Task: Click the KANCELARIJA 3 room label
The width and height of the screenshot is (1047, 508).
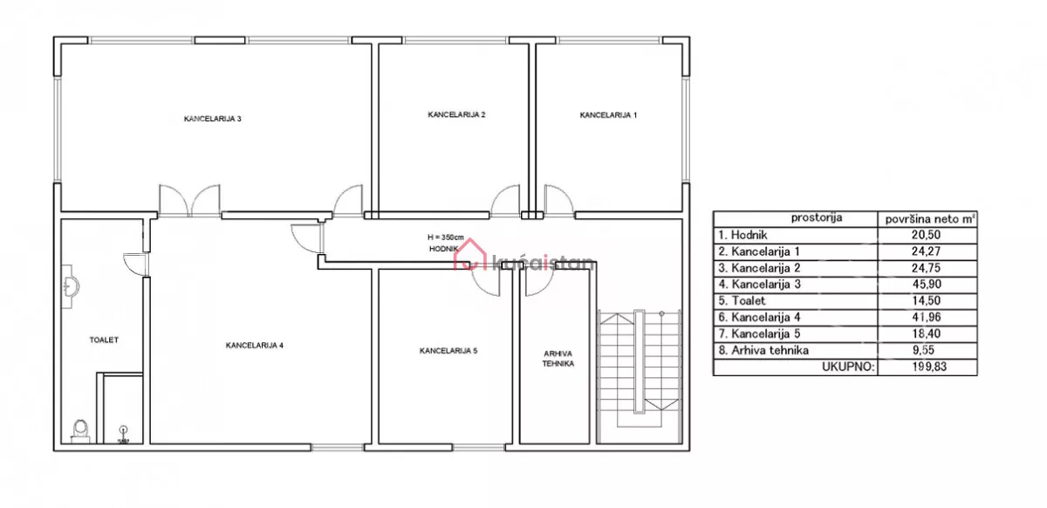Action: tap(213, 119)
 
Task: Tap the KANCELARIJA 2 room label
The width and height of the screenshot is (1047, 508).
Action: tap(456, 114)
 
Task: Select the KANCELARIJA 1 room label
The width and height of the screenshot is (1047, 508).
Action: tap(608, 115)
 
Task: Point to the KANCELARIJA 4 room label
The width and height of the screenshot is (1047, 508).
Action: tap(255, 346)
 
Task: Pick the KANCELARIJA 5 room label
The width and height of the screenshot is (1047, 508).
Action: tap(448, 351)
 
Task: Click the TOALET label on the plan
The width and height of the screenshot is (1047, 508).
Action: tap(104, 340)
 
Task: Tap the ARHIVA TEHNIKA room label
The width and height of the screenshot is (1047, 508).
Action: tap(558, 359)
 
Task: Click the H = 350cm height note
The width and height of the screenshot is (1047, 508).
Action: tap(446, 237)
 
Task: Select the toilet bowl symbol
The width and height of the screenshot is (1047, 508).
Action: tap(80, 431)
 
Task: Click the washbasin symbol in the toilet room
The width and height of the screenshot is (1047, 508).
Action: tap(70, 286)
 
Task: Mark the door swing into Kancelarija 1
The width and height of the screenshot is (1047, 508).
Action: tap(559, 201)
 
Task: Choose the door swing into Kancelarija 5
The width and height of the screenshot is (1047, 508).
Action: tap(486, 283)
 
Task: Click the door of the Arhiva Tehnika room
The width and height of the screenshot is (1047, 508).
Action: tap(540, 283)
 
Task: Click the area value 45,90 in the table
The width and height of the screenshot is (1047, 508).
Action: tap(927, 285)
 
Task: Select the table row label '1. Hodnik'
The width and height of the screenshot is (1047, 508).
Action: tap(742, 235)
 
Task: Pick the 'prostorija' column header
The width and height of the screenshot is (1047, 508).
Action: tap(817, 217)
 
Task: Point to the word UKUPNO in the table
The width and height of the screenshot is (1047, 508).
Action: tap(848, 367)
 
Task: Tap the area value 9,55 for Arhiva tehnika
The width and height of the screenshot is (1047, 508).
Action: tap(927, 350)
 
